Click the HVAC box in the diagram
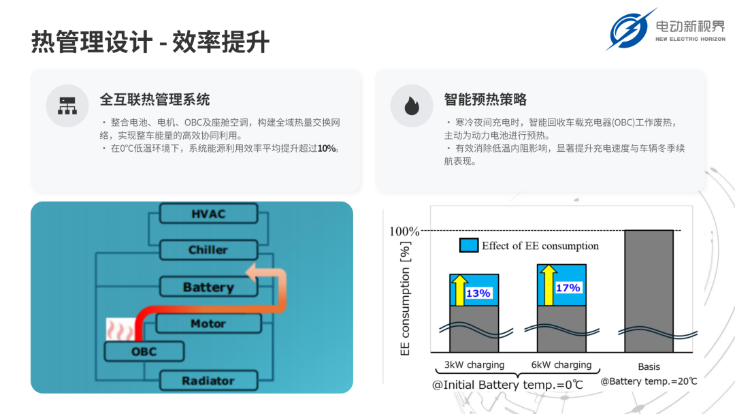tap(209, 213)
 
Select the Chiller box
tap(209, 249)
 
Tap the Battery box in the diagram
tap(209, 287)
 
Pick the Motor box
tap(209, 323)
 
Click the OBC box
tap(144, 351)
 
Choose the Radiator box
tap(209, 380)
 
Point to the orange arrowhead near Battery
tap(251, 272)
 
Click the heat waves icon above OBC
tap(120, 329)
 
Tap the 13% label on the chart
tap(478, 293)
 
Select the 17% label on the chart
tap(568, 287)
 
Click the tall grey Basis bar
tap(649, 291)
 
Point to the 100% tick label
tap(404, 231)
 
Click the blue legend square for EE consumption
tap(469, 245)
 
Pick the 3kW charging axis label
tap(474, 365)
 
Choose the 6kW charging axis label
tap(561, 365)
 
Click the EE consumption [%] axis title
tap(405, 299)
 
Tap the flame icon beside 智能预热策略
tap(412, 106)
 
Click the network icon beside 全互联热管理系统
tap(67, 106)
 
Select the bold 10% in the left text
tap(326, 148)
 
